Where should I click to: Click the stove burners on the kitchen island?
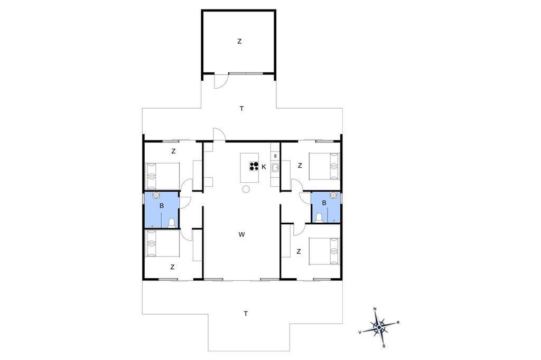click(x=254, y=166)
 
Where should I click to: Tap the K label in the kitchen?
click(x=264, y=167)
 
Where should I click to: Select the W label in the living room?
click(x=241, y=234)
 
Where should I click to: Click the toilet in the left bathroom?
click(x=172, y=223)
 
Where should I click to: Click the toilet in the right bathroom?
click(x=319, y=217)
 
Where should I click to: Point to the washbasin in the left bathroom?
click(x=156, y=195)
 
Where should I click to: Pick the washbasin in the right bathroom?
click(x=333, y=195)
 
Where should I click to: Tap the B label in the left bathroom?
click(x=162, y=206)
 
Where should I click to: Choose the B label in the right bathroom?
click(x=324, y=203)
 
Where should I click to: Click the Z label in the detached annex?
click(x=239, y=41)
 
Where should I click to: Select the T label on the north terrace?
click(x=242, y=109)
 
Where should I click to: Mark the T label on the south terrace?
click(x=246, y=314)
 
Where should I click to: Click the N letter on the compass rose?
click(x=375, y=309)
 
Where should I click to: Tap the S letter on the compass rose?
click(x=384, y=346)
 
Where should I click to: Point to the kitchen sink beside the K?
click(x=275, y=168)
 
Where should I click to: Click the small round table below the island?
click(x=246, y=189)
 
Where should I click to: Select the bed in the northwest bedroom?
click(x=163, y=176)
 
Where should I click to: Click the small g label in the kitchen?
click(x=275, y=156)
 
